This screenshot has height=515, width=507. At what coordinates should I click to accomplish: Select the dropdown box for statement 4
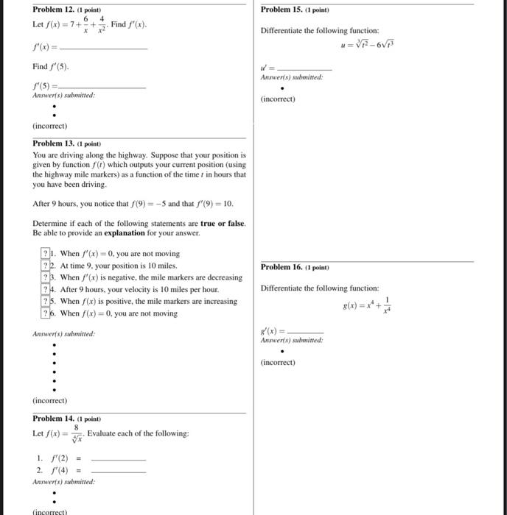pos(46,289)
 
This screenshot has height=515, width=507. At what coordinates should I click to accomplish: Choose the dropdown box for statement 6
pos(46,313)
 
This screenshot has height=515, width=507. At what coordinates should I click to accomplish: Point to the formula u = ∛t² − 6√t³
pos(365,43)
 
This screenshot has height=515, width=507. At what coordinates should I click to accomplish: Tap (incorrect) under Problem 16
pos(278,362)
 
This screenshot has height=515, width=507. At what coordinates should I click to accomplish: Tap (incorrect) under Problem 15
pos(278,99)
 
